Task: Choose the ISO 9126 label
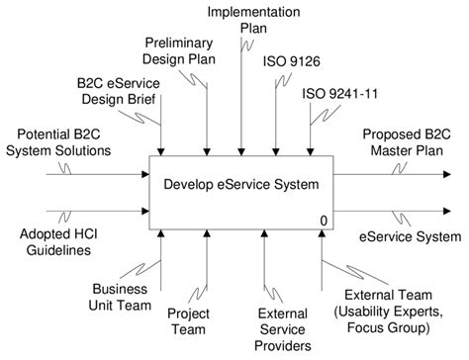[287, 60]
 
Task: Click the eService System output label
[411, 236]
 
